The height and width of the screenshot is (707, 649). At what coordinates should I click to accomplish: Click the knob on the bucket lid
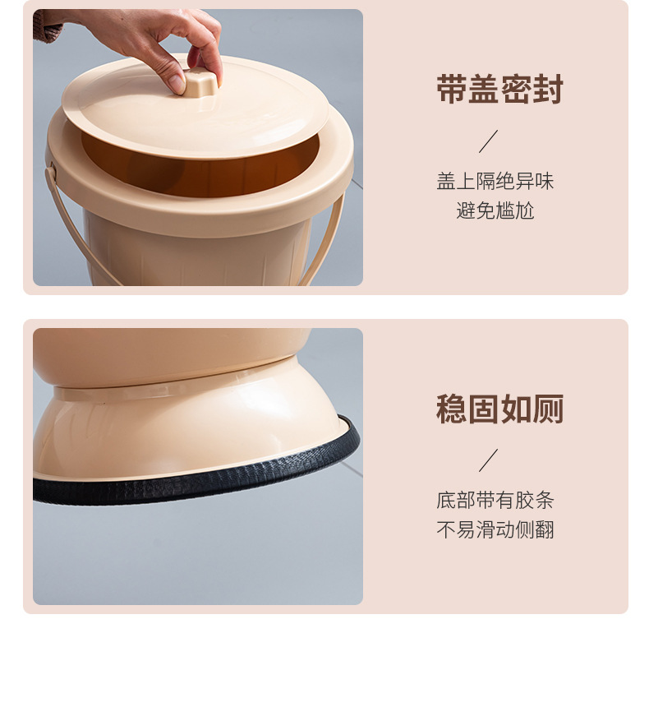200,82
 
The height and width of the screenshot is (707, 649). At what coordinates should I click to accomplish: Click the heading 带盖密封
499,90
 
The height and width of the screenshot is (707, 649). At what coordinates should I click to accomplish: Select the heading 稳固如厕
499,409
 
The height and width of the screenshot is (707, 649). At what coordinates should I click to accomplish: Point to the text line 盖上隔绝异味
495,181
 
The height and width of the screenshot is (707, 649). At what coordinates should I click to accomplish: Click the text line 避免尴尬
495,210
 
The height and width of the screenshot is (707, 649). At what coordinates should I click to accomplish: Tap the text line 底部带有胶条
495,500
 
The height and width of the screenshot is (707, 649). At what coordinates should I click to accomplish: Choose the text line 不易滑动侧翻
495,529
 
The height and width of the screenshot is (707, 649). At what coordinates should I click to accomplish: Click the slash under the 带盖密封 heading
488,141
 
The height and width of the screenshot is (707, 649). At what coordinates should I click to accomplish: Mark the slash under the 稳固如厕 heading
488,460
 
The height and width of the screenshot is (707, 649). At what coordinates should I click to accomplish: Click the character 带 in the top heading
451,90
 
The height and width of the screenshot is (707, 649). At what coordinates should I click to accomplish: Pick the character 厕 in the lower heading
548,409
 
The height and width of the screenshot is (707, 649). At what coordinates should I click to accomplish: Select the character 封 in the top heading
548,90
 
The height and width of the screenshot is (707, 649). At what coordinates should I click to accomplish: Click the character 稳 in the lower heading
451,409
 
